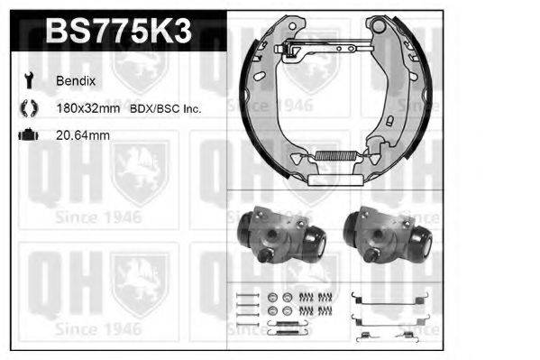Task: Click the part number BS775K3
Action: coord(117,32)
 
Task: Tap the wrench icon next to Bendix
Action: coord(27,80)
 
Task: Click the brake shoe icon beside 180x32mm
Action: coord(27,108)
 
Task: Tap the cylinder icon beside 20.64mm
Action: coord(27,136)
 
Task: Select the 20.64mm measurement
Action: coord(83,136)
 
